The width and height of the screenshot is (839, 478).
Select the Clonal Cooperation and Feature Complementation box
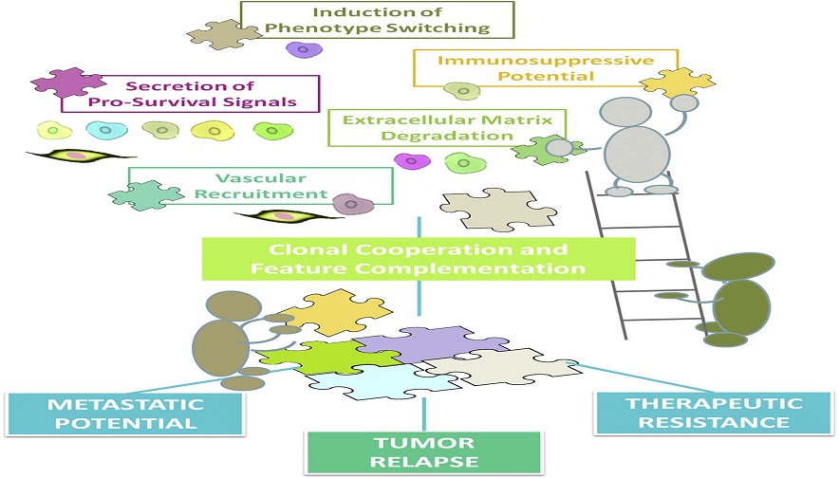(x=418, y=259)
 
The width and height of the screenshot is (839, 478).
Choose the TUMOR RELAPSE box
(x=423, y=451)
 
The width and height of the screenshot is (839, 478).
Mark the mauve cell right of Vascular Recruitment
(x=352, y=203)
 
